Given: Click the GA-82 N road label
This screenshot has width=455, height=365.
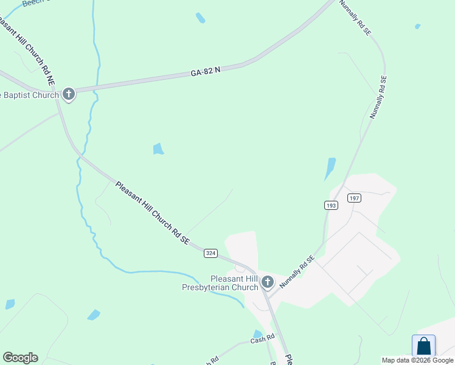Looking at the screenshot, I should [205, 72].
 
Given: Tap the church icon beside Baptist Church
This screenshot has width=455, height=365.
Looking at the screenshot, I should [68, 94].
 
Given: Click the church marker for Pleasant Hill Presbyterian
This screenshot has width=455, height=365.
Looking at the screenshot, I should [267, 282].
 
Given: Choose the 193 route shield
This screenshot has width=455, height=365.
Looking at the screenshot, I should [331, 206].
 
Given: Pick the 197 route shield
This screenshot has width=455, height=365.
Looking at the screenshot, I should [354, 198].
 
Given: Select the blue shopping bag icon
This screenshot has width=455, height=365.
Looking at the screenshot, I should [423, 346].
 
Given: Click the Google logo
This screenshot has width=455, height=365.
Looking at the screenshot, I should [20, 358].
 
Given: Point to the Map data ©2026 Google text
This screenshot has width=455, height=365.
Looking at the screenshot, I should [418, 360].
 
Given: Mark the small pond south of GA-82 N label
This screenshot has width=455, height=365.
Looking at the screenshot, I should [158, 148].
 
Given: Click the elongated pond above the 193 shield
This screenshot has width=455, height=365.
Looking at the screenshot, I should [330, 169].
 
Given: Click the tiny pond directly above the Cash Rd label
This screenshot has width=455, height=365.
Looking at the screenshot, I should [257, 333].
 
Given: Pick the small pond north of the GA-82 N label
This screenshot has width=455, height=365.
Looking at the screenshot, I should [200, 18].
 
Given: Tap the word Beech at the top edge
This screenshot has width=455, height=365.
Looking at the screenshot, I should [32, 3].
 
